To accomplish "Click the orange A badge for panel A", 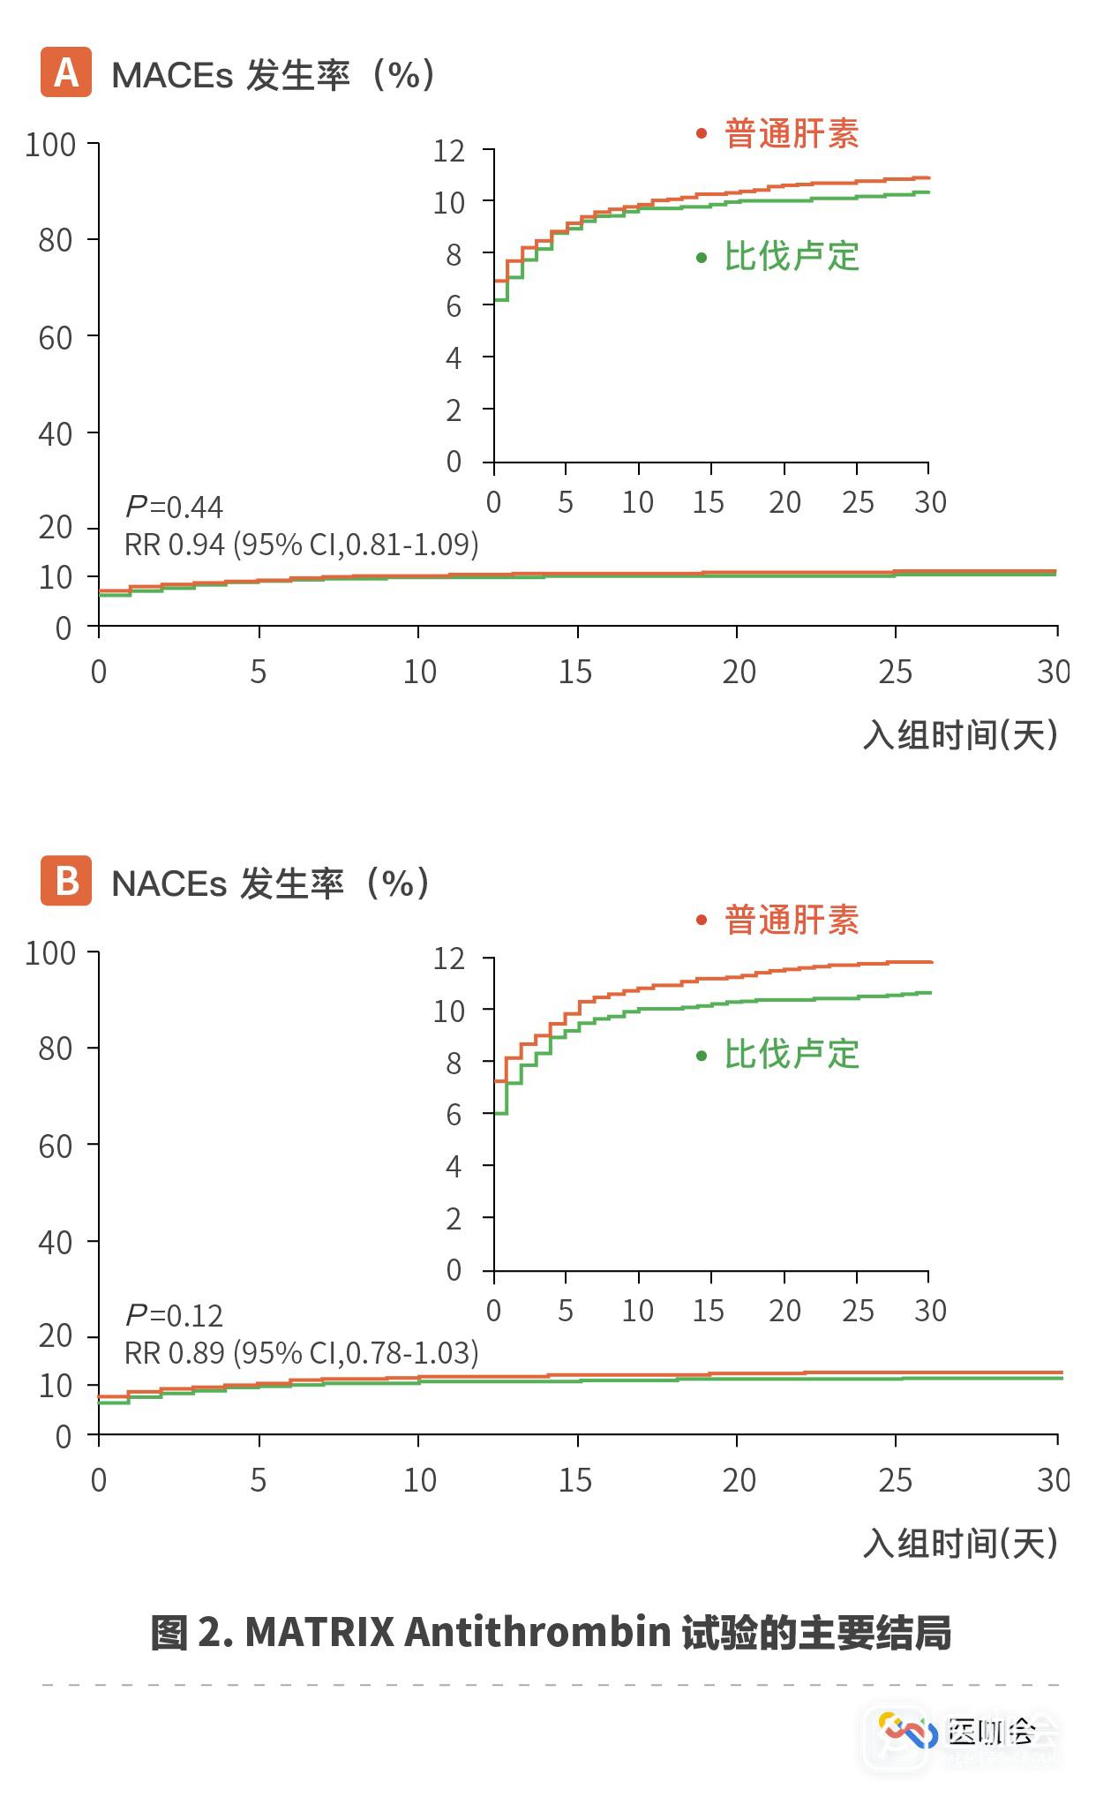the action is (x=66, y=72).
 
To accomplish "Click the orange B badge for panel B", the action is (x=66, y=881).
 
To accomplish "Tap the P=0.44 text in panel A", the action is (x=175, y=508).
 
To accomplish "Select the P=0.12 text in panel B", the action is (x=175, y=1316).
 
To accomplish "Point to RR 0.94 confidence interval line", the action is (x=302, y=545).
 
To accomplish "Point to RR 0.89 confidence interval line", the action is (x=302, y=1353).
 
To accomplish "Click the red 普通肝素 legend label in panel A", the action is (x=792, y=134).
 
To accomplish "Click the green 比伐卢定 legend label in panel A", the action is (x=792, y=257).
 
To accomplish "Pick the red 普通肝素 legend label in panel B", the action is (x=792, y=921).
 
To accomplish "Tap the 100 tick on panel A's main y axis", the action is (x=50, y=145).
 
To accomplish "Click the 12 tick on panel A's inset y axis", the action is (x=448, y=151).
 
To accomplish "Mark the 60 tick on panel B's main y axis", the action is (x=56, y=1147).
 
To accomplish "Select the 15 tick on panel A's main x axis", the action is (x=575, y=673).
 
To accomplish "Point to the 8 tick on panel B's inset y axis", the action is (x=454, y=1064).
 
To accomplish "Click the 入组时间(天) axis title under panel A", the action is (x=961, y=735).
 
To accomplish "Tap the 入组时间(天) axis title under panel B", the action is (x=961, y=1544).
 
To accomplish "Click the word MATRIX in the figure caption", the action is (x=319, y=1633).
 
